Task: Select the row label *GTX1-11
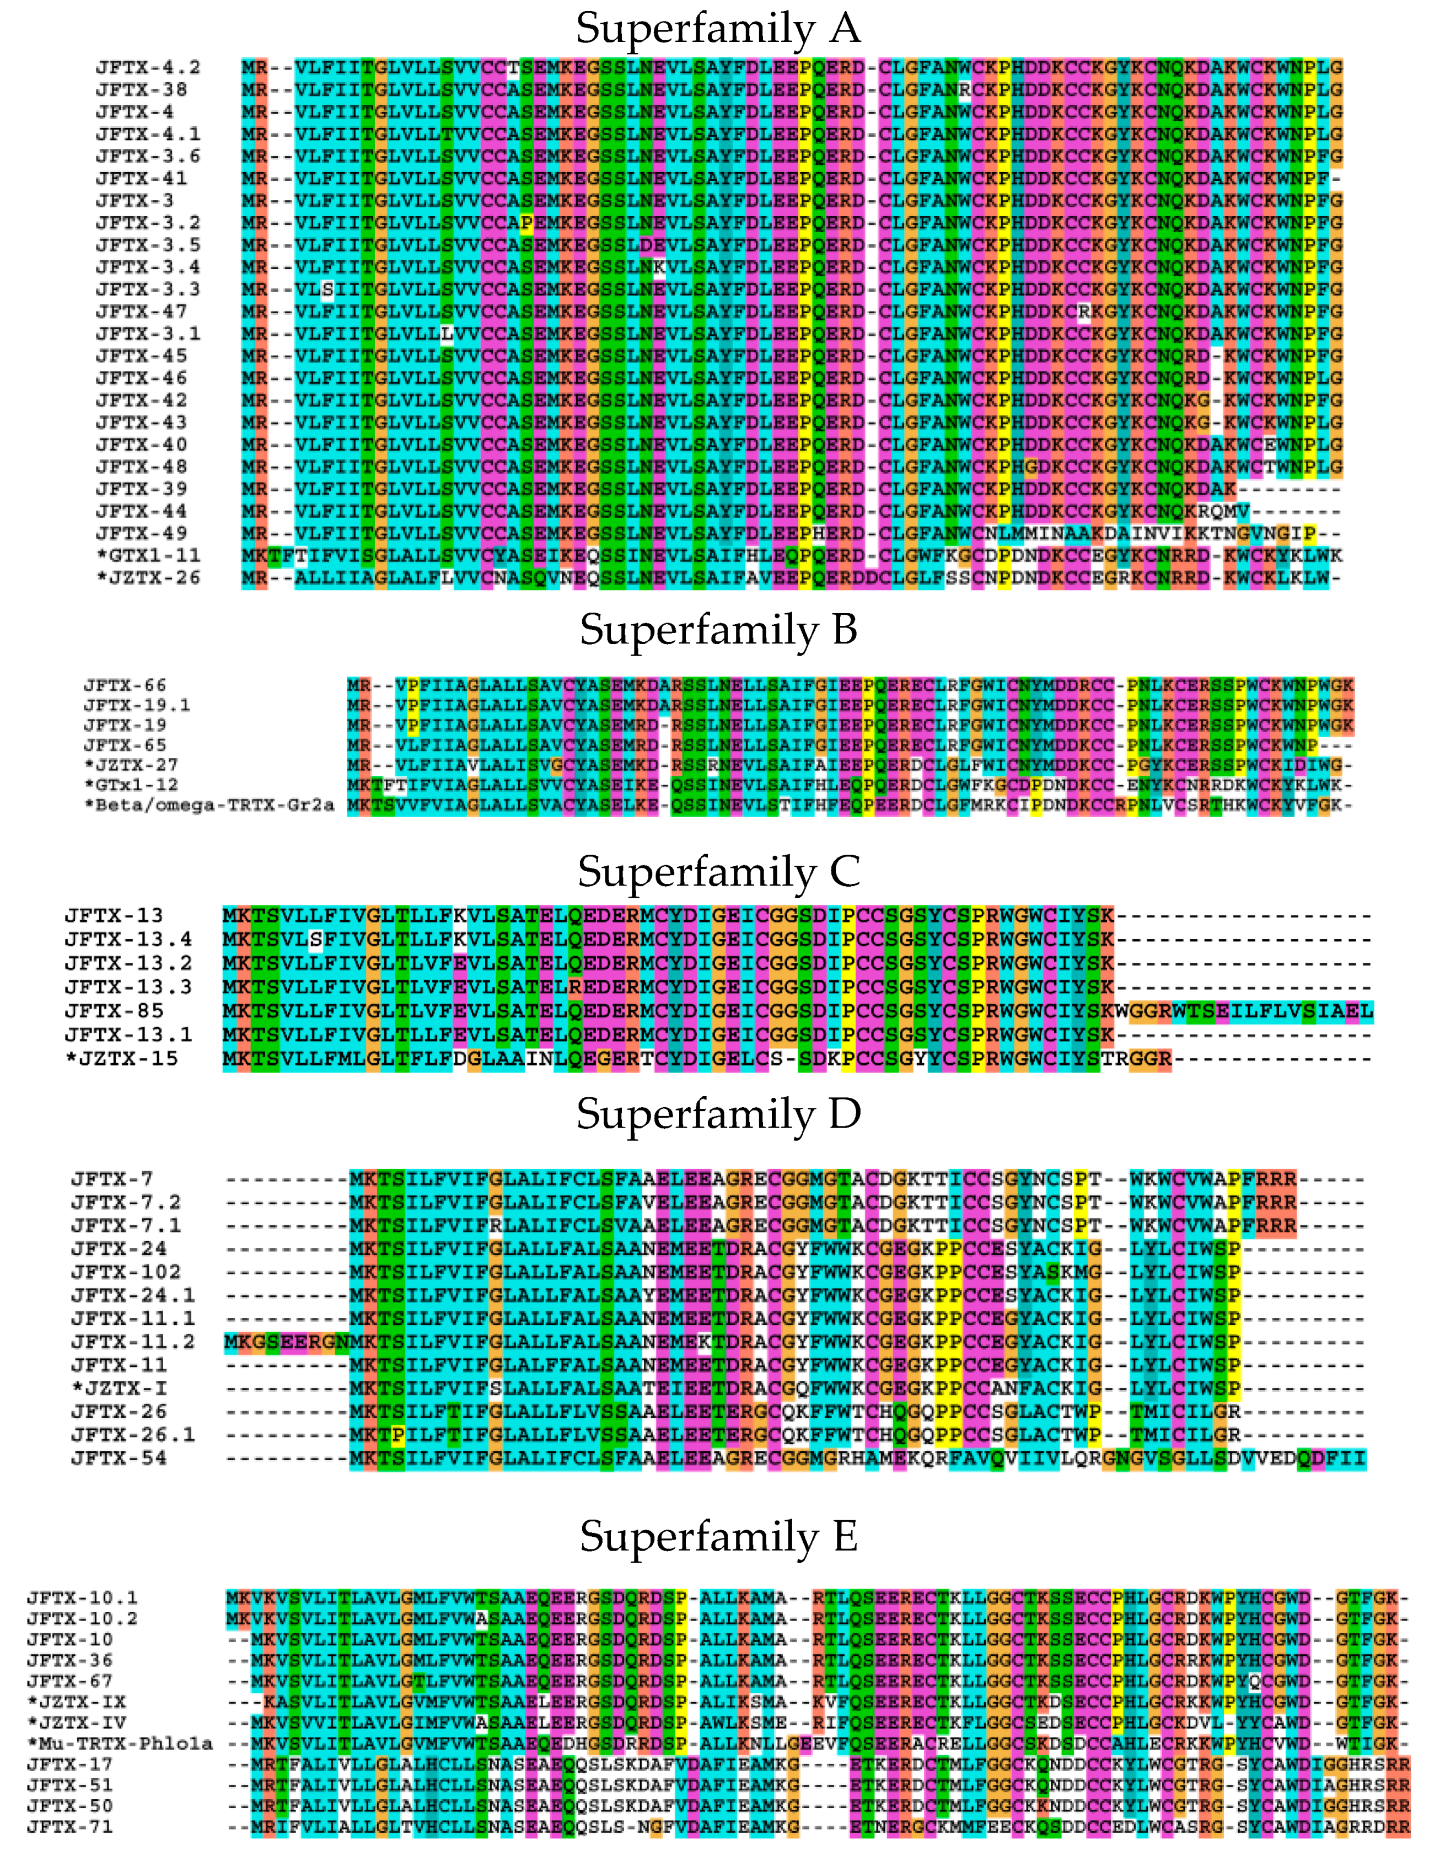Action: tap(148, 556)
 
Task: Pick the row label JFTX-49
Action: tap(142, 533)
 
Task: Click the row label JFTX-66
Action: tap(125, 685)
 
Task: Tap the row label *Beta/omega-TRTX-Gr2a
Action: tap(209, 805)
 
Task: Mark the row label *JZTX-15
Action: tap(122, 1058)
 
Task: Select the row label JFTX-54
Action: tap(119, 1458)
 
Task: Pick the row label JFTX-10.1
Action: tap(82, 1597)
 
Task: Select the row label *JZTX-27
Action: tap(131, 765)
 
